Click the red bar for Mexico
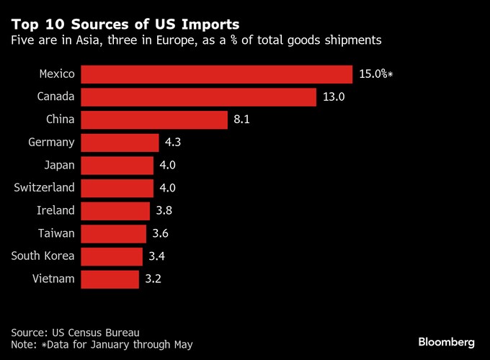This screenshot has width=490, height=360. pos(216,74)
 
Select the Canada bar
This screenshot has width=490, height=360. pos(198,97)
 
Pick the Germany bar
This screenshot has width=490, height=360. pos(120,143)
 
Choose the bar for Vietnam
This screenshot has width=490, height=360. pos(110,279)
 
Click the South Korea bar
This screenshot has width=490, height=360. pos(112,256)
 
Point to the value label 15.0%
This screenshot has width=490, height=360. pos(373,74)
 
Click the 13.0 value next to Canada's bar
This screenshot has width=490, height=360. pos(334,97)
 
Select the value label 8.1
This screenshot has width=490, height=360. pos(241,120)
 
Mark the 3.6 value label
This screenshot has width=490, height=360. pos(161,234)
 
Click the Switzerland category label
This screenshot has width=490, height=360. pos(44,188)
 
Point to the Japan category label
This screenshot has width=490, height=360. pos(58,165)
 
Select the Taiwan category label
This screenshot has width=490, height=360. pos(55,233)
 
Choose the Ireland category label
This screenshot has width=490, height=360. pos(55,211)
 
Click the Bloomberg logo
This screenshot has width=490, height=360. pos(446,340)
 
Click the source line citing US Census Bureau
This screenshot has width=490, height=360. pos(74,332)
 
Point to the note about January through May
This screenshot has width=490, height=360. pos(102,345)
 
